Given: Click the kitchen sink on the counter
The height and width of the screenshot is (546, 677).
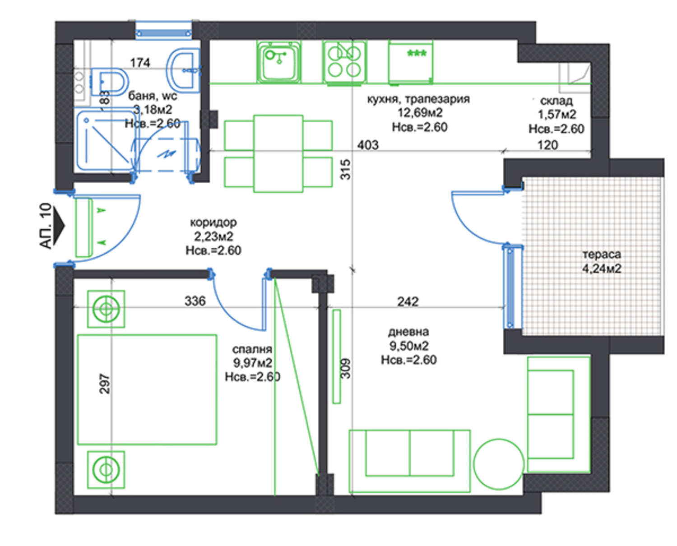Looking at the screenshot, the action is (x=278, y=62).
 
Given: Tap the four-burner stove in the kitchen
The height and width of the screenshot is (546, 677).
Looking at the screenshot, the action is (x=344, y=62).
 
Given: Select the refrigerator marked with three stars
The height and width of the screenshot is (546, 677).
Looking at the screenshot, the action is (x=411, y=62).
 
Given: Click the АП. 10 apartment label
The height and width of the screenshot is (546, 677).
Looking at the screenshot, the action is (x=46, y=226).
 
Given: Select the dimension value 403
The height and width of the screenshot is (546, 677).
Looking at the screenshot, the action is (x=368, y=145).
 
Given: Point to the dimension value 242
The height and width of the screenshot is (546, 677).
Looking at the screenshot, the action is (x=408, y=301).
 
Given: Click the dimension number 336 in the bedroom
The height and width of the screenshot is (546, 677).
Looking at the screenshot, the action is (x=195, y=301).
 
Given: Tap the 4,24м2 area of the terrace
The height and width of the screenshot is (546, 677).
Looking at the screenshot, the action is (x=602, y=269).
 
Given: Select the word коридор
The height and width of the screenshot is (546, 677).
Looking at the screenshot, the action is (x=213, y=222).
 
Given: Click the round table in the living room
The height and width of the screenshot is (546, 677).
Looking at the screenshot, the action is (x=499, y=464).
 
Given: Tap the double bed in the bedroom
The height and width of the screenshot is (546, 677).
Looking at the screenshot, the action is (x=147, y=389).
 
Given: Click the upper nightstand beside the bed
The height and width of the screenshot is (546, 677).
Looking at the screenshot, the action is (x=106, y=309).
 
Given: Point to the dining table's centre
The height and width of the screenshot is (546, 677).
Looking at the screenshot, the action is (x=278, y=153).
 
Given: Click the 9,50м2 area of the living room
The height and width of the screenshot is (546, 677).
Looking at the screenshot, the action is (x=408, y=346).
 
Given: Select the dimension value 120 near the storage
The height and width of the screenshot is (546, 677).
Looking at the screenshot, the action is (x=547, y=145).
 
